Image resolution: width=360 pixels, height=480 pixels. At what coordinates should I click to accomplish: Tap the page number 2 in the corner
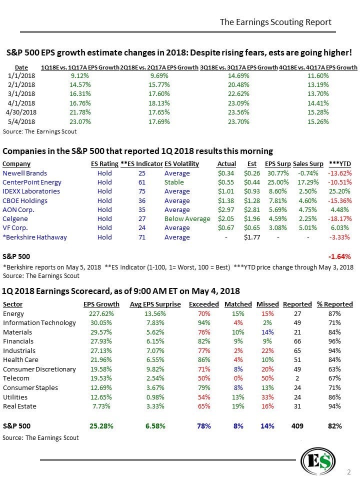click(349, 471)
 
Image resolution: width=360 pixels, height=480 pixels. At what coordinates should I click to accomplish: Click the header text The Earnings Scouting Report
click(275, 22)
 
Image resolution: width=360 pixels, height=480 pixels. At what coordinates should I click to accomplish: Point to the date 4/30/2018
click(21, 111)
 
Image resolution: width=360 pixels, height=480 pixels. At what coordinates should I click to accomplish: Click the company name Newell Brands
click(25, 173)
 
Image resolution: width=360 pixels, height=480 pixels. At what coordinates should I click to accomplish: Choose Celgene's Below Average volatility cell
click(187, 219)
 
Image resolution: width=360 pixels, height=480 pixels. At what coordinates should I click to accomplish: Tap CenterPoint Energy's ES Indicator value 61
click(141, 182)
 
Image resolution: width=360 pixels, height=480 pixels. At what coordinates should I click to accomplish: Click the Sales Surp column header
click(308, 163)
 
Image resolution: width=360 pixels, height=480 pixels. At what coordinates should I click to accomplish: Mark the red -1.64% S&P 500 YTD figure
click(339, 256)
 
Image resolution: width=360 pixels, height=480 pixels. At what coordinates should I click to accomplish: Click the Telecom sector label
click(16, 378)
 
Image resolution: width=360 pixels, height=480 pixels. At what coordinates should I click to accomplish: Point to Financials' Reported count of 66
click(297, 341)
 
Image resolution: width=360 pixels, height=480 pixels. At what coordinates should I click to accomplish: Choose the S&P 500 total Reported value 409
click(297, 426)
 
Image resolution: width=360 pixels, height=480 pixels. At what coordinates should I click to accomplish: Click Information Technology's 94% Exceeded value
click(204, 323)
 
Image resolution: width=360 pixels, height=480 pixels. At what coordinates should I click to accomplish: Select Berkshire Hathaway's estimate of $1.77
click(252, 237)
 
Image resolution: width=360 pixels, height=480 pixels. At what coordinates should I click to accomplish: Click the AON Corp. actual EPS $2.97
click(227, 209)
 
